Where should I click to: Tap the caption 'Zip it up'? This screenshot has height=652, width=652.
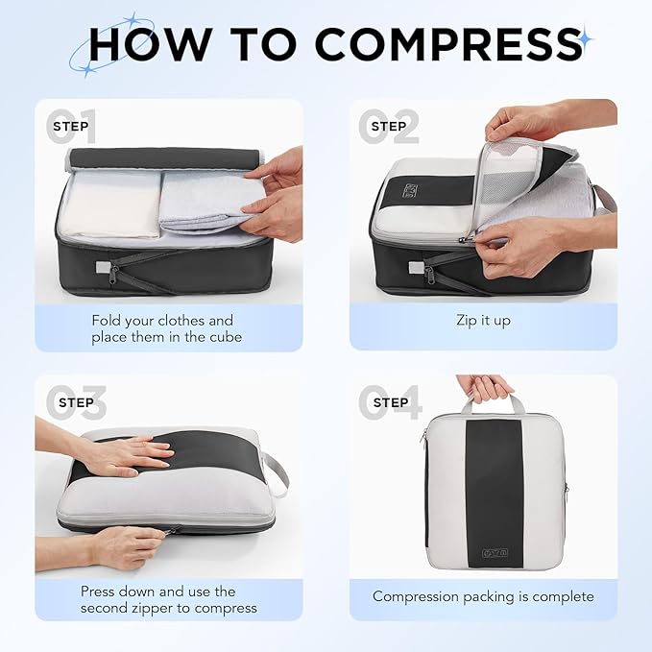click(483, 320)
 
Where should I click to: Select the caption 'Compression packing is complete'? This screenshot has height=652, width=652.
click(483, 596)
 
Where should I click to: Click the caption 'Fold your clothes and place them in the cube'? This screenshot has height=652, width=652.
click(162, 328)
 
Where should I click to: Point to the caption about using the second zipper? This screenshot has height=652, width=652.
click(168, 599)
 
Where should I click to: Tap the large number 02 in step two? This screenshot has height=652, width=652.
click(389, 127)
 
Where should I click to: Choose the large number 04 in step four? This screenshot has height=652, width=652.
click(389, 403)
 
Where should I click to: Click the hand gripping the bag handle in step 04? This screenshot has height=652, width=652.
click(485, 387)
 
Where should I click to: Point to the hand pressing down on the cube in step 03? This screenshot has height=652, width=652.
click(127, 454)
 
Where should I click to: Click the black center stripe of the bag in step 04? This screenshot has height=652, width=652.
click(494, 490)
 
